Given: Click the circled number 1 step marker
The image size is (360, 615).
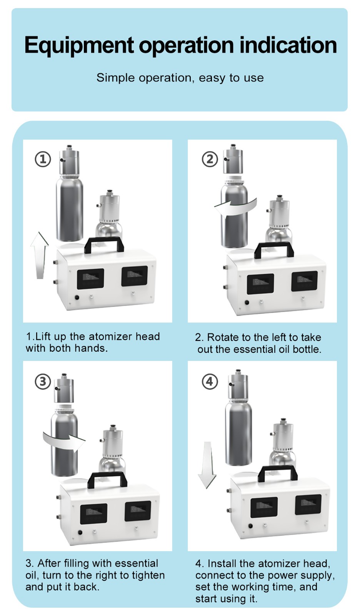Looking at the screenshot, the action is [x=43, y=159].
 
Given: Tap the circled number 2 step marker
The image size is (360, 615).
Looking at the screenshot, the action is [x=210, y=159].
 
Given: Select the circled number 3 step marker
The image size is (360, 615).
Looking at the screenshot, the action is [x=43, y=382].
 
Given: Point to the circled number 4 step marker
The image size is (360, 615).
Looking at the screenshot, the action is [x=210, y=382].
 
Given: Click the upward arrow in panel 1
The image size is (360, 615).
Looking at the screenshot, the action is [x=40, y=255].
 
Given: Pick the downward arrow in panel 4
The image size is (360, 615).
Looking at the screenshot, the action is [x=207, y=465].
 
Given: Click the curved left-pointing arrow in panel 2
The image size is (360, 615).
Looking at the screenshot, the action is [x=235, y=208].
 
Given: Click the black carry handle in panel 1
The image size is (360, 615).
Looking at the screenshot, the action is [x=104, y=245].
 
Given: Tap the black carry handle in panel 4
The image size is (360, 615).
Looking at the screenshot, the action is [x=278, y=474].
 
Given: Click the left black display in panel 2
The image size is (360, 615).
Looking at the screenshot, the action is [x=260, y=284].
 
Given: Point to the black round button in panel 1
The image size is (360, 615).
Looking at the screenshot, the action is [x=77, y=298].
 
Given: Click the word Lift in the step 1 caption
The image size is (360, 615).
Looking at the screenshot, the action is [x=43, y=337].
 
